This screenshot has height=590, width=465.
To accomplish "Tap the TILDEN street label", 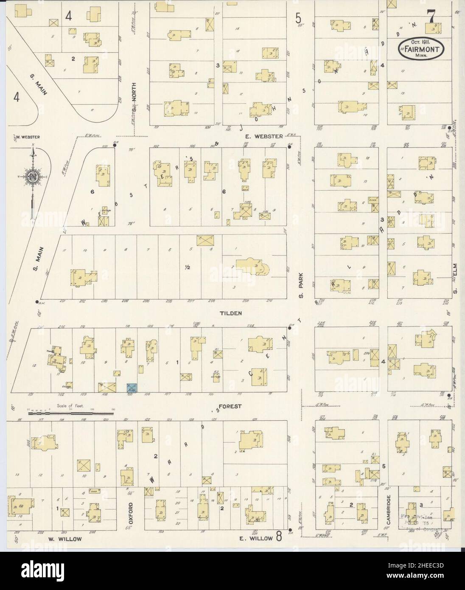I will tap(231, 313).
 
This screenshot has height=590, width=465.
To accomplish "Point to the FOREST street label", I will tap(231, 406).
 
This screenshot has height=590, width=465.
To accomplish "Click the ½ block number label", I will tap(187, 267).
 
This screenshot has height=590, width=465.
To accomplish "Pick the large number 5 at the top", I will tap(299, 18).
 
